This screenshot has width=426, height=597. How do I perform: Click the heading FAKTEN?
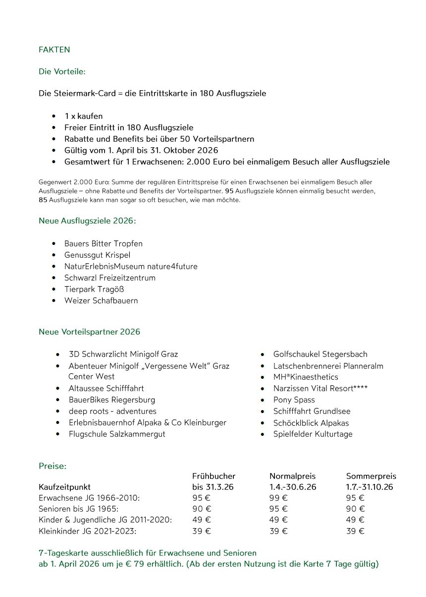[x=54, y=50]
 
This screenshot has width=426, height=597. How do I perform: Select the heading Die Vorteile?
[x=62, y=71]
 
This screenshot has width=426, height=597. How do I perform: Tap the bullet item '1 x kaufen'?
[x=83, y=116]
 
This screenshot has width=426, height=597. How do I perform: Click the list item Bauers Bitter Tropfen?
[x=103, y=243]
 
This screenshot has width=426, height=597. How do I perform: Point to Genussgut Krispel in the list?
[x=97, y=255]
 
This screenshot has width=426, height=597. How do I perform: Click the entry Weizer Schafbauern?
[x=101, y=300]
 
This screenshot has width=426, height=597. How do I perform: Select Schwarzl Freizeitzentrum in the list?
[x=109, y=278]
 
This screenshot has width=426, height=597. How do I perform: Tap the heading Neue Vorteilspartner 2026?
[x=89, y=332]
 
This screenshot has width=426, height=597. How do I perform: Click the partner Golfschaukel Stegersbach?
[x=320, y=354]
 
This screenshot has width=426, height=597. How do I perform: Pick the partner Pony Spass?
[x=294, y=400]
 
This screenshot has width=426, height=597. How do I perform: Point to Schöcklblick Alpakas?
[x=311, y=423]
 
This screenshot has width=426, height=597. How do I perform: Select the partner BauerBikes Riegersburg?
[x=111, y=400]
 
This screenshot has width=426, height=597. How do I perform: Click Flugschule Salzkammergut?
[x=117, y=434]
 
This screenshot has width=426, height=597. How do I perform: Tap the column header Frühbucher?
[x=213, y=476]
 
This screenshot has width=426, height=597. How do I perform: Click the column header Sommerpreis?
[x=371, y=476]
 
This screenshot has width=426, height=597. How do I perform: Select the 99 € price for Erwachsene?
[x=278, y=498]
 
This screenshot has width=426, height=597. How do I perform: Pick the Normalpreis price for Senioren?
[x=278, y=509]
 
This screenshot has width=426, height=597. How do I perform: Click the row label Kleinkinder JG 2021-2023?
[x=87, y=531]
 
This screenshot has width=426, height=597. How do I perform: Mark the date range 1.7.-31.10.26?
[x=369, y=487]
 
